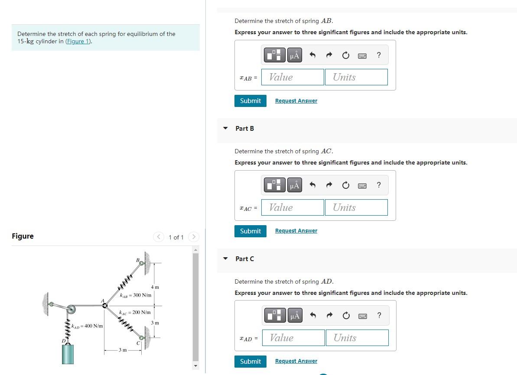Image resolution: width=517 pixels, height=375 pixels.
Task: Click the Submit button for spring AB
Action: [250, 101]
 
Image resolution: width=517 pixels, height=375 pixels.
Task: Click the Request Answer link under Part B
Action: [296, 231]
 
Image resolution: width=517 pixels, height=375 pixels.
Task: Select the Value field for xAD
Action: [297, 338]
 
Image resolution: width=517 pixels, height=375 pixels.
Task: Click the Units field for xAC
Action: [356, 207]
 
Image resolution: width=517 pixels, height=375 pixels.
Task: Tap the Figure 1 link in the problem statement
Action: [78, 42]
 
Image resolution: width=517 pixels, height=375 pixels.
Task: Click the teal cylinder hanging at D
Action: [68, 354]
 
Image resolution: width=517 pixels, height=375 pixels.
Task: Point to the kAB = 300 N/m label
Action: [136, 295]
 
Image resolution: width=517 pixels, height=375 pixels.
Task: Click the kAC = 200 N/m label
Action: [135, 312]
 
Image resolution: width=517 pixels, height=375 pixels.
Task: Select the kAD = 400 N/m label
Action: [87, 326]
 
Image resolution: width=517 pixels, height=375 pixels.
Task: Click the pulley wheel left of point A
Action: [71, 309]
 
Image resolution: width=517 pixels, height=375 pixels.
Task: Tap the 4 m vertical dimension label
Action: [155, 288]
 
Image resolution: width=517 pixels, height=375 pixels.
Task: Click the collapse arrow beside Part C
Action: [225, 259]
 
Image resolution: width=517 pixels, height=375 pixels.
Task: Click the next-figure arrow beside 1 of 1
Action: [194, 237]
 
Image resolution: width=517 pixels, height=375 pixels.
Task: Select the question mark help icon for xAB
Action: [379, 55]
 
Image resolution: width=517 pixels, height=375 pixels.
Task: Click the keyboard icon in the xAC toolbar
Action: [362, 185]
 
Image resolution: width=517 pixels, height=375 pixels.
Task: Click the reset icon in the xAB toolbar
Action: [345, 55]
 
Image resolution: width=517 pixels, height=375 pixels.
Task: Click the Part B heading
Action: [245, 129]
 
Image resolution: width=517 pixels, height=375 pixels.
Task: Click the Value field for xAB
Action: [293, 77]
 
